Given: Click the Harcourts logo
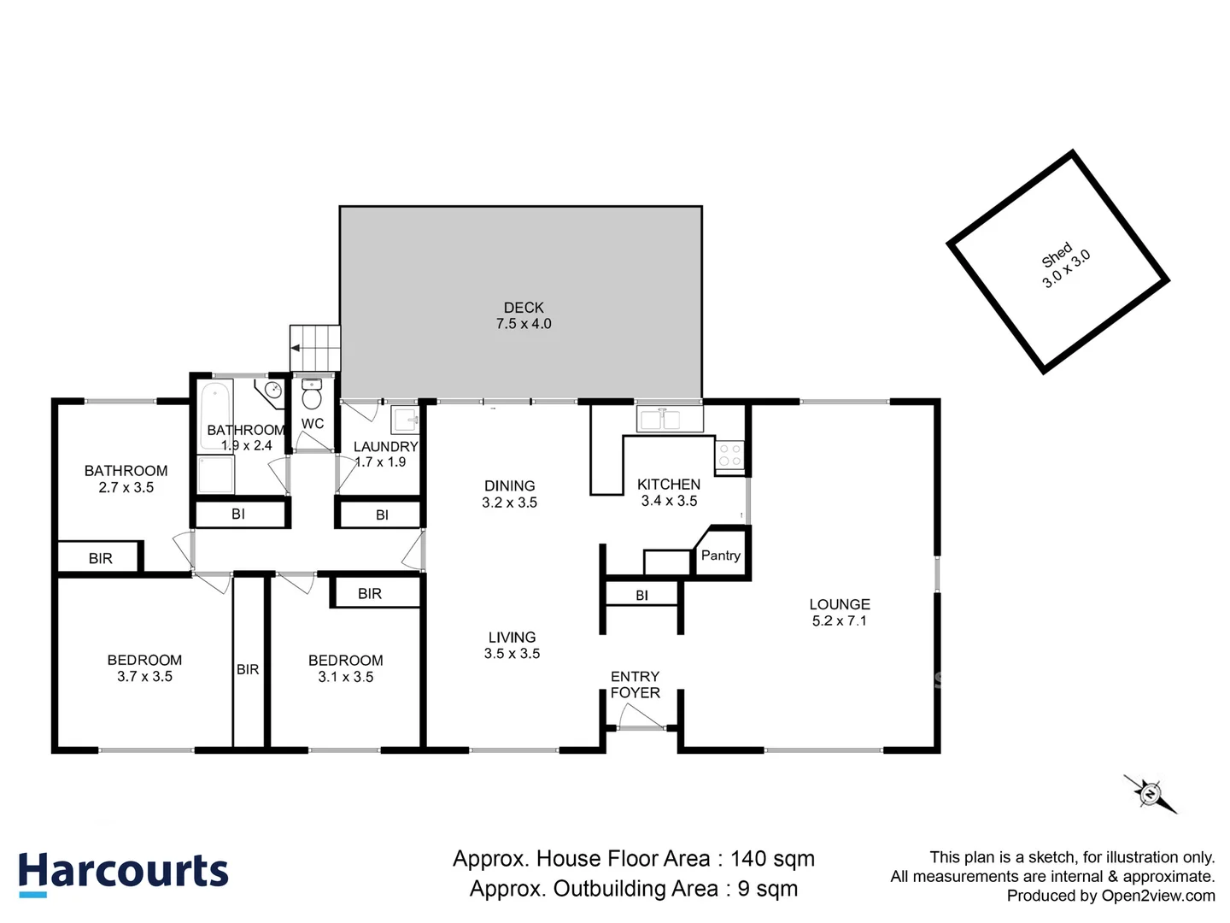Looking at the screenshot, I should (124, 873).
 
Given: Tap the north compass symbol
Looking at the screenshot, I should (1150, 794).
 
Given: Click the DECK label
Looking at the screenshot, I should (524, 307).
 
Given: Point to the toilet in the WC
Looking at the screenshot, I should (312, 397).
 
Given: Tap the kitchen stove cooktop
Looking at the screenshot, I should (729, 455).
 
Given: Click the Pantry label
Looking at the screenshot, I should (720, 556).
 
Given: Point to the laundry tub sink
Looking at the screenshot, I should (405, 420).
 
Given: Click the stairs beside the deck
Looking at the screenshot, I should (315, 348).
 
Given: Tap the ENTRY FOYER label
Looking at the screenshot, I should (635, 685).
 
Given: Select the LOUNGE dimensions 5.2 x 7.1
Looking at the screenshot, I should (839, 620).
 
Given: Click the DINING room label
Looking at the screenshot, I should (509, 485).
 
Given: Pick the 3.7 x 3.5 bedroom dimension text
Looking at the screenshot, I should (144, 676).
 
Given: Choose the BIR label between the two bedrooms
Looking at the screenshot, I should (248, 669).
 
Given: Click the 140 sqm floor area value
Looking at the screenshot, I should (772, 858).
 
